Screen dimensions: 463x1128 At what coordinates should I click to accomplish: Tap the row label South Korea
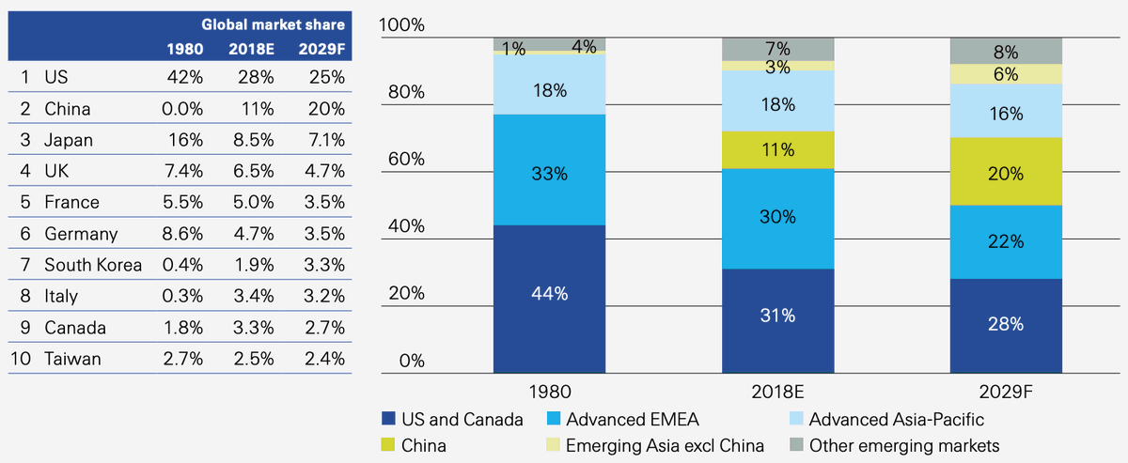point(93,265)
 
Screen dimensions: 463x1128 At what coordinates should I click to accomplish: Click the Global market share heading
point(274,24)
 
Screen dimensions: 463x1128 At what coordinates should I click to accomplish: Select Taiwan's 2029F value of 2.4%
point(325,359)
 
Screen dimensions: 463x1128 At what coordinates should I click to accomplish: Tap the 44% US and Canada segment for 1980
point(549,294)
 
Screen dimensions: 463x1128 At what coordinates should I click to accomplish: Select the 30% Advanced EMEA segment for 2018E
point(777,217)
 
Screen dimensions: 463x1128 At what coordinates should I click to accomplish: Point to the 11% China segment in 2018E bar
point(777,149)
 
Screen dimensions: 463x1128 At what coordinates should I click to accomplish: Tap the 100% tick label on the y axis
point(401,25)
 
